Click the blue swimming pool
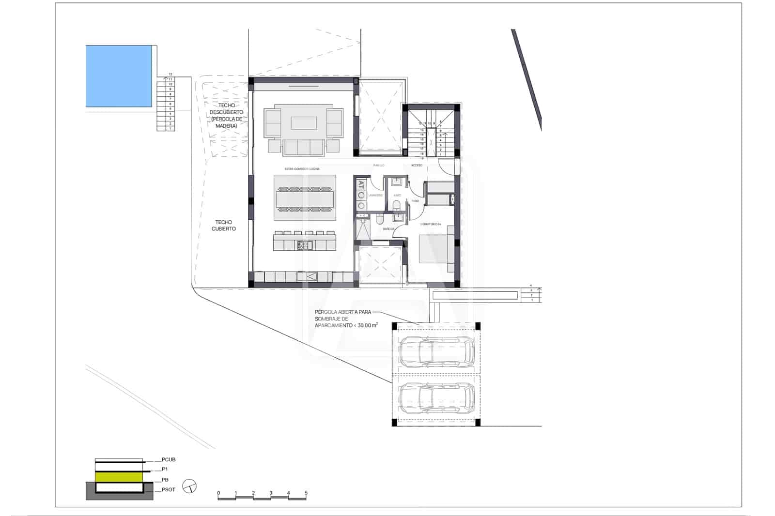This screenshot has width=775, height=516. pos(119,76)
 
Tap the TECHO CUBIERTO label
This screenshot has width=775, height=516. pos(224,225)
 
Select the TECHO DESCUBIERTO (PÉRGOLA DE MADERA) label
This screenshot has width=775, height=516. pos(227,115)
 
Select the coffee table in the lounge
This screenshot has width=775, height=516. pos(304,123)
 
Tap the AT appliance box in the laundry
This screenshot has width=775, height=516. pos(361,184)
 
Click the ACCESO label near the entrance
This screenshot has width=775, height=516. pos(417,166)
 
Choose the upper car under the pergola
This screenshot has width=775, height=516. pos(436,351)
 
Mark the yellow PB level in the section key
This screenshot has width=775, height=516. pos(119,477)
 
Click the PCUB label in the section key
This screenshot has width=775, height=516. pos(168,459)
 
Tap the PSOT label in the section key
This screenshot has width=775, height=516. pos(168,490)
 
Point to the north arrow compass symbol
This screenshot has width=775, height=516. pos(190,486)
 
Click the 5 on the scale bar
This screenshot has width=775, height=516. pos(306,493)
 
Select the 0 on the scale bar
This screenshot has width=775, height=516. pos(218,493)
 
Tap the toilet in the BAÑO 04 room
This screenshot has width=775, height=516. pos(379,219)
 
